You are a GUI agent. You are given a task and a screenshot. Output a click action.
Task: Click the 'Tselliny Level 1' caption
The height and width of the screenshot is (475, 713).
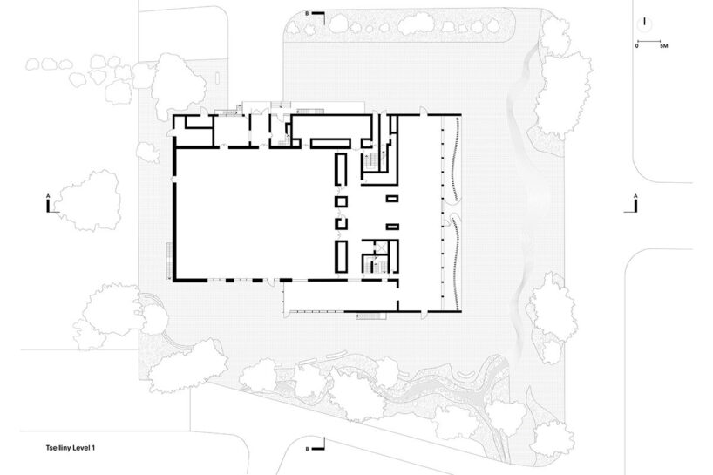tap(70, 448)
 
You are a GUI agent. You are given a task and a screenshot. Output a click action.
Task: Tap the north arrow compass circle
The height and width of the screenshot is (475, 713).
tap(644, 24)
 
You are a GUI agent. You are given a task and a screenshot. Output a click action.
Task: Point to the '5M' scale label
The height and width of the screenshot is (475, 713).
tap(664, 46)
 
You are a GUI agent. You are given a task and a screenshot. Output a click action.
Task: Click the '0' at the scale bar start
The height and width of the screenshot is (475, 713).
tap(637, 46)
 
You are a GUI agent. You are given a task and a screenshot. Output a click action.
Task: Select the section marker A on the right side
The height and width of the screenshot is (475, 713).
tap(633, 204)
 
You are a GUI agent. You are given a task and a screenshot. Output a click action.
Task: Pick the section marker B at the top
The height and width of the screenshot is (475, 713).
tap(317, 17)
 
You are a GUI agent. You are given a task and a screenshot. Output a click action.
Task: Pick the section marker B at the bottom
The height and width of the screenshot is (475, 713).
tap(317, 444)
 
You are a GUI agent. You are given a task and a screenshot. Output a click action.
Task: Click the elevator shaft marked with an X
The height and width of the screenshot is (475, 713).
tap(380, 248)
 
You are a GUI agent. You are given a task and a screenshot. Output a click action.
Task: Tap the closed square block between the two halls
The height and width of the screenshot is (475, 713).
tap(341, 201)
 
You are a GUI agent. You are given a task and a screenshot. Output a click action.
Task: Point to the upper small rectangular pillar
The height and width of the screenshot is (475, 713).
tap(392, 199)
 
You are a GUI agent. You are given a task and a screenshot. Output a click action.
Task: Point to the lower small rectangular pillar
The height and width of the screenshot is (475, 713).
tap(392, 227)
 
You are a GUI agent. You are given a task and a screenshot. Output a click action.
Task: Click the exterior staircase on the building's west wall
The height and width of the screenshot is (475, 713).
tap(169, 261)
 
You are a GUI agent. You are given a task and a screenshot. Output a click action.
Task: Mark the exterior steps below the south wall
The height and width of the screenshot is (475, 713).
tap(371, 315)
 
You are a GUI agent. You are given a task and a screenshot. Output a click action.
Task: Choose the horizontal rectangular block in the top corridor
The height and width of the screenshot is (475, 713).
tap(330, 143)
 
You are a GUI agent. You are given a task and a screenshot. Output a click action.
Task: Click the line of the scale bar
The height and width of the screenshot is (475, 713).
tap(648, 42)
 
